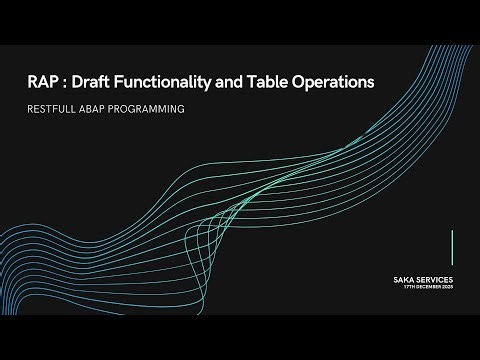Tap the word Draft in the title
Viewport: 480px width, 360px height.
click(96, 82)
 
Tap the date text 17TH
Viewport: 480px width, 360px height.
click(410, 287)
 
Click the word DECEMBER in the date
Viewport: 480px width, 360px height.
click(429, 287)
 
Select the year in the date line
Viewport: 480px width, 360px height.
click(448, 287)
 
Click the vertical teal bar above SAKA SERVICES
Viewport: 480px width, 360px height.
click(452, 247)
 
